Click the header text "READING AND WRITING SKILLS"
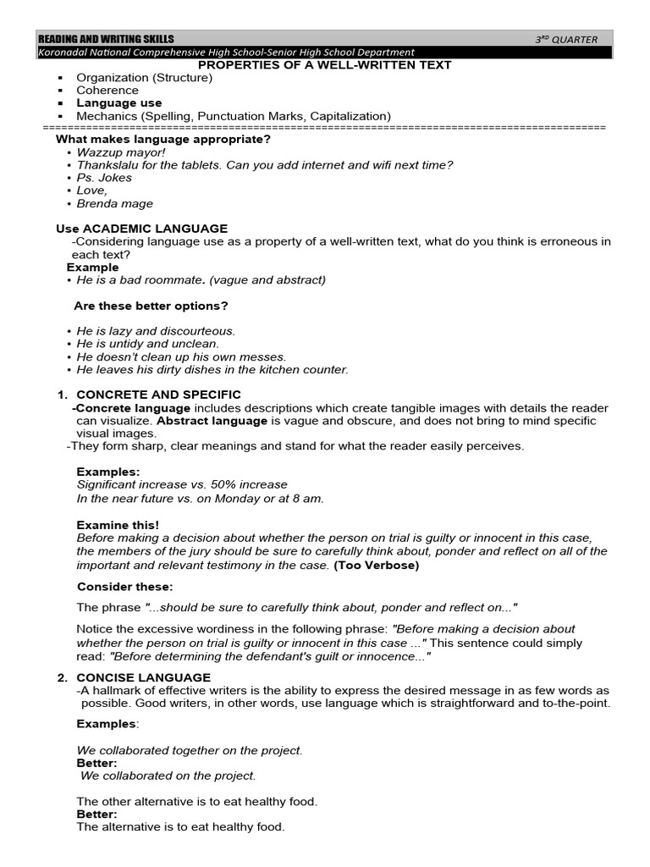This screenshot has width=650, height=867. (x=107, y=39)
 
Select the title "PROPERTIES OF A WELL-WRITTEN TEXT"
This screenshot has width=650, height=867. (x=325, y=65)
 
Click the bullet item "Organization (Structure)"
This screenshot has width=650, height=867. (x=144, y=78)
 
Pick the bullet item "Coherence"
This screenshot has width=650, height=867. (x=107, y=91)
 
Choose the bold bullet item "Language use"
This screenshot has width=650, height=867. (x=119, y=103)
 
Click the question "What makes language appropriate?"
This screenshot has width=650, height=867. (x=163, y=139)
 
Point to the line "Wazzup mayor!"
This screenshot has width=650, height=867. (x=121, y=152)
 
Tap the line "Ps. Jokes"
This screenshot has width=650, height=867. (x=104, y=178)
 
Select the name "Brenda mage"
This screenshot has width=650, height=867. (x=115, y=203)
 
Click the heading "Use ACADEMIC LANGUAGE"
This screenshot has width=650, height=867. (x=141, y=229)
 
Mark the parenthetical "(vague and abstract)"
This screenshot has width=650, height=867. (x=267, y=279)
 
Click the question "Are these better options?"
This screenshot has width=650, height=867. (x=151, y=306)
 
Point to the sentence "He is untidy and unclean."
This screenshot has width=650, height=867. (x=148, y=344)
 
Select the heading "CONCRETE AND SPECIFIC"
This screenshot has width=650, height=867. (x=159, y=395)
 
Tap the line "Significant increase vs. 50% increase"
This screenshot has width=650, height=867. (x=182, y=484)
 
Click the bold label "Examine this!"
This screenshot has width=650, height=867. (x=118, y=525)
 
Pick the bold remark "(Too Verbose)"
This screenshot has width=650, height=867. (x=377, y=565)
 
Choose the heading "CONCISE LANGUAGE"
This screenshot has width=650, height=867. (x=144, y=677)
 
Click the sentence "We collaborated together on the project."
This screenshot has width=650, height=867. (x=190, y=750)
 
